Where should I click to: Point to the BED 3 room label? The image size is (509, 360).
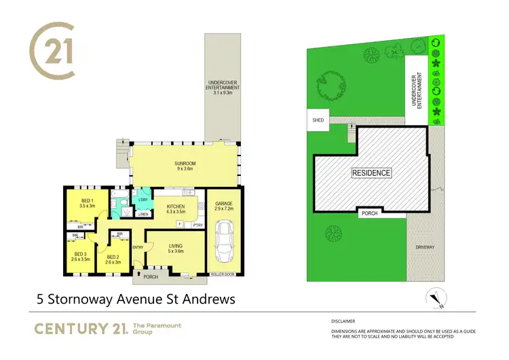point(80,255)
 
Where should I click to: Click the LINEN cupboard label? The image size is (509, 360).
point(143,215)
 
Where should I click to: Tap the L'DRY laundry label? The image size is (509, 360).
point(143,200)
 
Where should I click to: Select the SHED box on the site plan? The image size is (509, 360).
point(318,120)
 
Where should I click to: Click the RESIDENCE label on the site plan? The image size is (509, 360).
point(371,173)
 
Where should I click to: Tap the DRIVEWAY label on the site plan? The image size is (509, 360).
point(426,247)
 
